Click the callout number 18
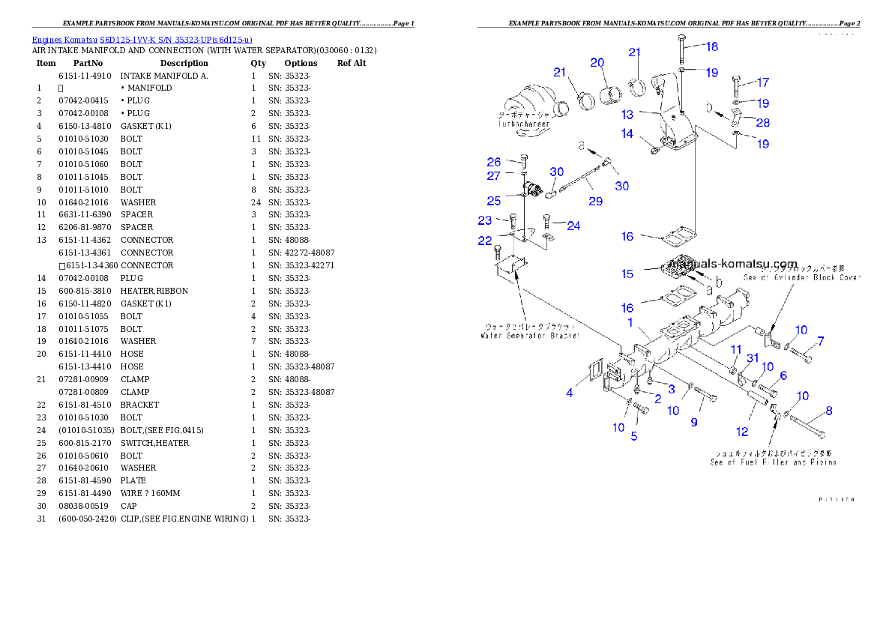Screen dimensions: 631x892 (x=711, y=46)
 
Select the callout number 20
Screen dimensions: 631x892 (x=597, y=62)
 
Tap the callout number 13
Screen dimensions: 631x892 (x=627, y=115)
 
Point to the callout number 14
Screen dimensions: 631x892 (x=627, y=133)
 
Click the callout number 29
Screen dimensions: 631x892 (x=595, y=201)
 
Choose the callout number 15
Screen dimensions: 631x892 (x=627, y=274)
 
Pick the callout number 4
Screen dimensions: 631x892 (x=570, y=393)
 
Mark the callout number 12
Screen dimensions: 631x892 (x=742, y=431)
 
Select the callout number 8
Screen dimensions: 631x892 (x=828, y=411)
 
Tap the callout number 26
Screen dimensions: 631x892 (x=493, y=162)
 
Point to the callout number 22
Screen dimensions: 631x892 (x=485, y=240)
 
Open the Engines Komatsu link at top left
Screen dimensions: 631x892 (x=142, y=39)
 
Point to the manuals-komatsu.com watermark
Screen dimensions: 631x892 (x=728, y=264)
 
